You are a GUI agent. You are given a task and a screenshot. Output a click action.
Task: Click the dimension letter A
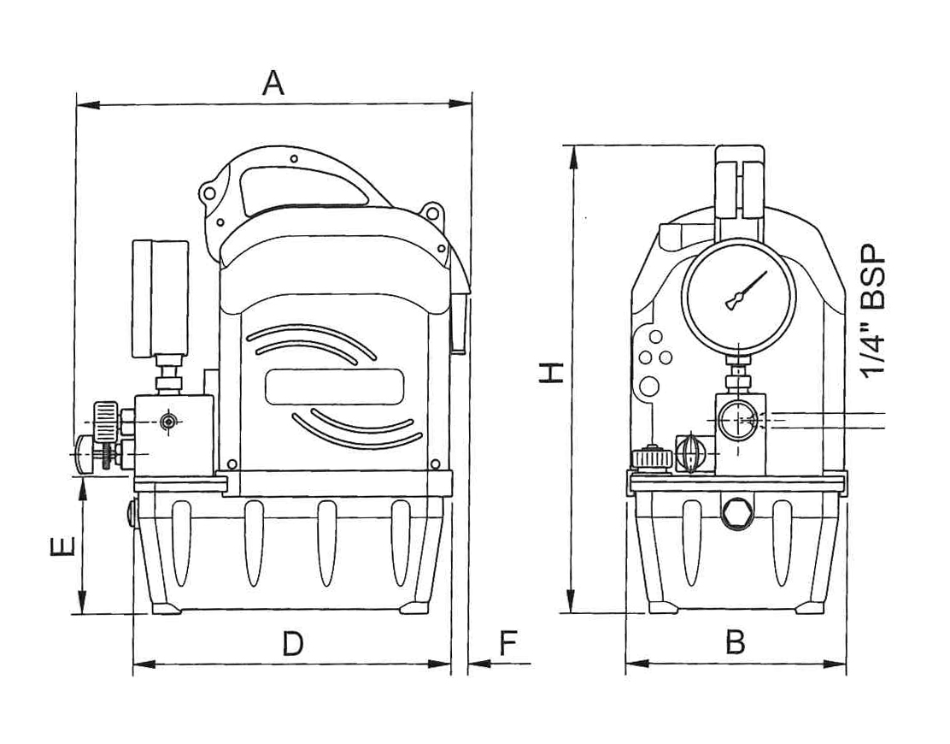[x=273, y=83]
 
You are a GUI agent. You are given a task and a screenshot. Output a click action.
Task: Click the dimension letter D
[x=293, y=643]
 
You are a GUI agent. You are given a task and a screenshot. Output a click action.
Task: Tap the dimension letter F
[x=509, y=643]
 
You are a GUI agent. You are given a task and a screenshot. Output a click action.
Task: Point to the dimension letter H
[x=553, y=372]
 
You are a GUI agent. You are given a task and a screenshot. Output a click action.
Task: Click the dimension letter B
[x=735, y=642]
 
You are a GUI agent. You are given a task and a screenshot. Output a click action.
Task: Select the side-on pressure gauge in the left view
[x=159, y=299]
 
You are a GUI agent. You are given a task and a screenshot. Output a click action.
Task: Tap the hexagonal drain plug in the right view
[x=735, y=515]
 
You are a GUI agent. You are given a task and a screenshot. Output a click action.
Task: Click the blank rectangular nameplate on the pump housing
[x=334, y=387]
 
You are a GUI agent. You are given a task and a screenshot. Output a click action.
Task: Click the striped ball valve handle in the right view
[x=689, y=452]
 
